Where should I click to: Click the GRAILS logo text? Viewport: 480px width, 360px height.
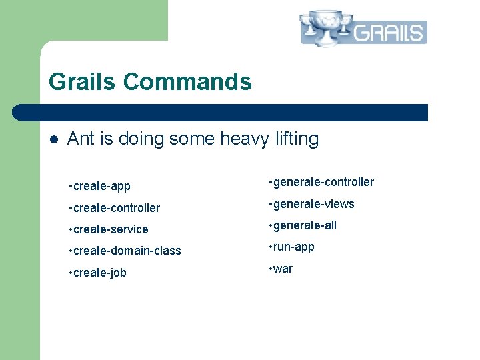(389, 32)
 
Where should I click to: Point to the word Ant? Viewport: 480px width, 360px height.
(81, 139)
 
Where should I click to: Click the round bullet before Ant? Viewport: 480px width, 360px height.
(54, 139)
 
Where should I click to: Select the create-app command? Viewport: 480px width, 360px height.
(101, 186)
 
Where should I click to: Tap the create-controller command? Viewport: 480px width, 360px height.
(116, 208)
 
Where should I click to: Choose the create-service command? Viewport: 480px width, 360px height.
(110, 229)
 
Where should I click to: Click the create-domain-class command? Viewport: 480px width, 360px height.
(127, 251)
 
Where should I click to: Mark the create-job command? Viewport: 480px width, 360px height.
(99, 273)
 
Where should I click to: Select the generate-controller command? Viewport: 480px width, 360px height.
(323, 182)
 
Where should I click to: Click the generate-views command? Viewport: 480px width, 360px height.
(313, 204)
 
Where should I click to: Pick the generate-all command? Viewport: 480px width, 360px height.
(305, 225)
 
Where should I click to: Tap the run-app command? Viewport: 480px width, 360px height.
(293, 247)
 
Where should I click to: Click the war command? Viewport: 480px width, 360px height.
(283, 269)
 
